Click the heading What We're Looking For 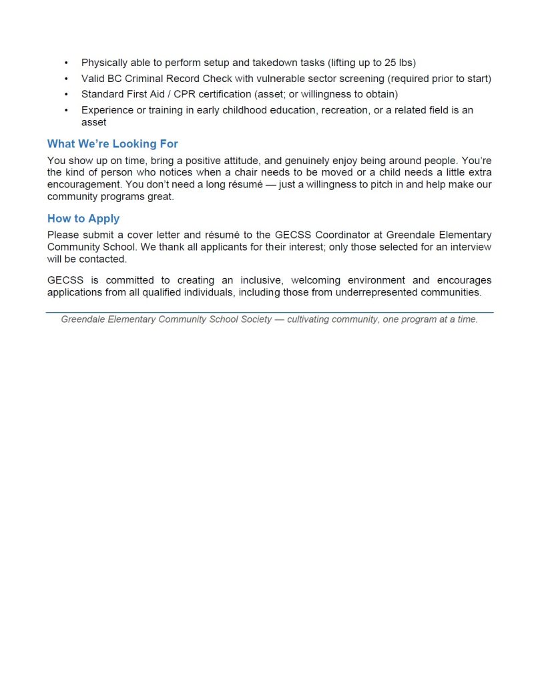pyautogui.click(x=112, y=144)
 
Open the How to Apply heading pyautogui.click(x=83, y=219)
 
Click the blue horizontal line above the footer pyautogui.click(x=270, y=312)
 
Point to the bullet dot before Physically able pyautogui.click(x=66, y=63)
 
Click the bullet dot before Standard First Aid pyautogui.click(x=66, y=94)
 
